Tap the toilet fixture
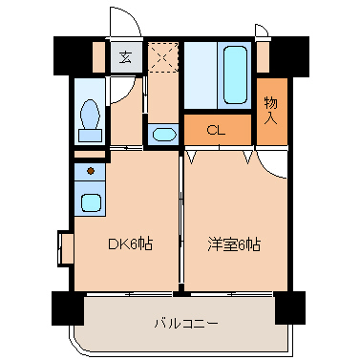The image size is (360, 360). pyautogui.click(x=92, y=117)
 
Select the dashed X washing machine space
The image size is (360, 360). pyautogui.click(x=163, y=58)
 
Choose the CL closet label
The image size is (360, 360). pyautogui.click(x=217, y=130)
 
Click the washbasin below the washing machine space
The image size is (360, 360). pyautogui.click(x=163, y=133)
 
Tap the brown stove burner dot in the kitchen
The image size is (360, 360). pyautogui.click(x=91, y=171)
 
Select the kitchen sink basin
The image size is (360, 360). pyautogui.click(x=92, y=202)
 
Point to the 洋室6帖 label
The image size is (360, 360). pyautogui.click(x=234, y=244)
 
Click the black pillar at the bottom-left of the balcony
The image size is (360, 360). pyautogui.click(x=69, y=307)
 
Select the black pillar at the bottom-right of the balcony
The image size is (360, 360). pyautogui.click(x=289, y=307)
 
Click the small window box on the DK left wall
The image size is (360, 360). pyautogui.click(x=65, y=244)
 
